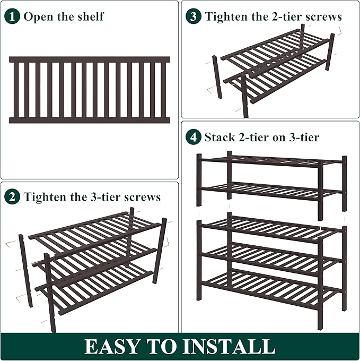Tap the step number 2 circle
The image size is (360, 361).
click(x=12, y=197)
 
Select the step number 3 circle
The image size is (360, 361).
click(x=194, y=16)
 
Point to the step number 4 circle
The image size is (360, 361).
click(x=194, y=137)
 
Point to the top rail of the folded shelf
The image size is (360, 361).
click(x=90, y=59)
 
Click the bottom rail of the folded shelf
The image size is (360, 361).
click(x=90, y=121)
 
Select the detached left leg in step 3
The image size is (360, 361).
click(x=217, y=77)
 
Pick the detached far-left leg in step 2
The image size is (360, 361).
click(x=25, y=270)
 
